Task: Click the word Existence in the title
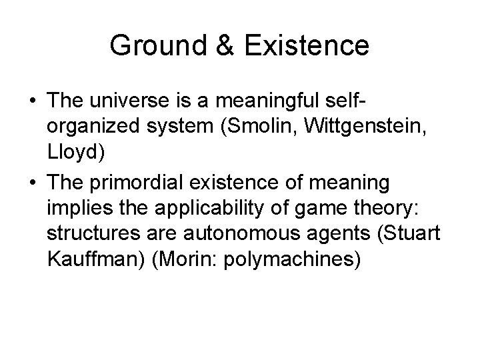[307, 46]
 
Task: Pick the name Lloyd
[76, 153]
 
